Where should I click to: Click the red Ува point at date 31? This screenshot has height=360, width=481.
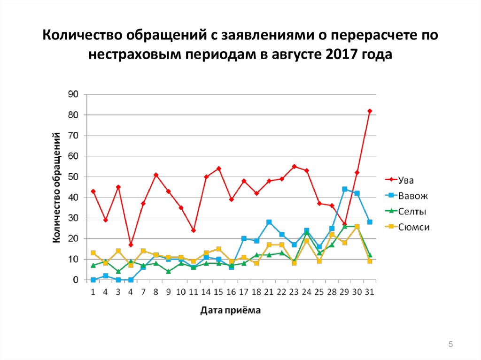(x=370, y=111)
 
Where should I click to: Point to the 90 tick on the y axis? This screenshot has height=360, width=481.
(x=73, y=94)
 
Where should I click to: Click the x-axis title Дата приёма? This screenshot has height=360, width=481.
(x=230, y=310)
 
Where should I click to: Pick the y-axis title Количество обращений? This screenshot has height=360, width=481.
(x=56, y=188)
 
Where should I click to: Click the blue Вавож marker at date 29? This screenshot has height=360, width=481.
(x=344, y=189)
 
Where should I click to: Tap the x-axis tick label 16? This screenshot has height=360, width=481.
(x=231, y=292)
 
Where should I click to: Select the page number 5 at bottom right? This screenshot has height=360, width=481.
(x=451, y=345)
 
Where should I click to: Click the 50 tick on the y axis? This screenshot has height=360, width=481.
(x=73, y=177)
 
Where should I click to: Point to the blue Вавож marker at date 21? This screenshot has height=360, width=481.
(x=269, y=222)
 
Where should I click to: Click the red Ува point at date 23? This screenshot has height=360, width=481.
(x=294, y=167)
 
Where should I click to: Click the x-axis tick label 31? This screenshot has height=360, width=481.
(x=370, y=292)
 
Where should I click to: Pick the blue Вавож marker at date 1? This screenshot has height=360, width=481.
(x=93, y=280)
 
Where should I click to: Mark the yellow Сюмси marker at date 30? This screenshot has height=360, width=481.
(x=357, y=227)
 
